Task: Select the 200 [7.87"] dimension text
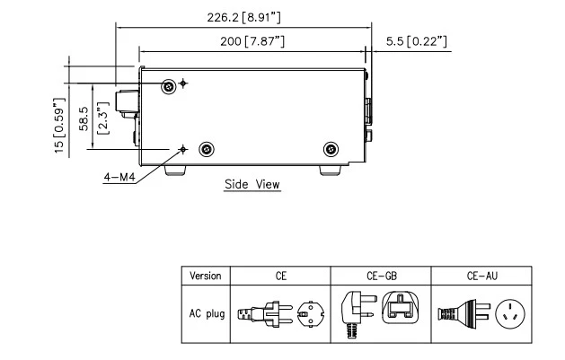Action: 242,41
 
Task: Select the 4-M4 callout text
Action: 119,177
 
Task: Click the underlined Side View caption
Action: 252,184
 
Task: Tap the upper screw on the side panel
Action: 169,86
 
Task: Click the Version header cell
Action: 205,275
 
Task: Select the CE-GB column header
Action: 379,275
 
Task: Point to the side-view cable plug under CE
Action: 261,312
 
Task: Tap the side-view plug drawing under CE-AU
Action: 456,313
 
